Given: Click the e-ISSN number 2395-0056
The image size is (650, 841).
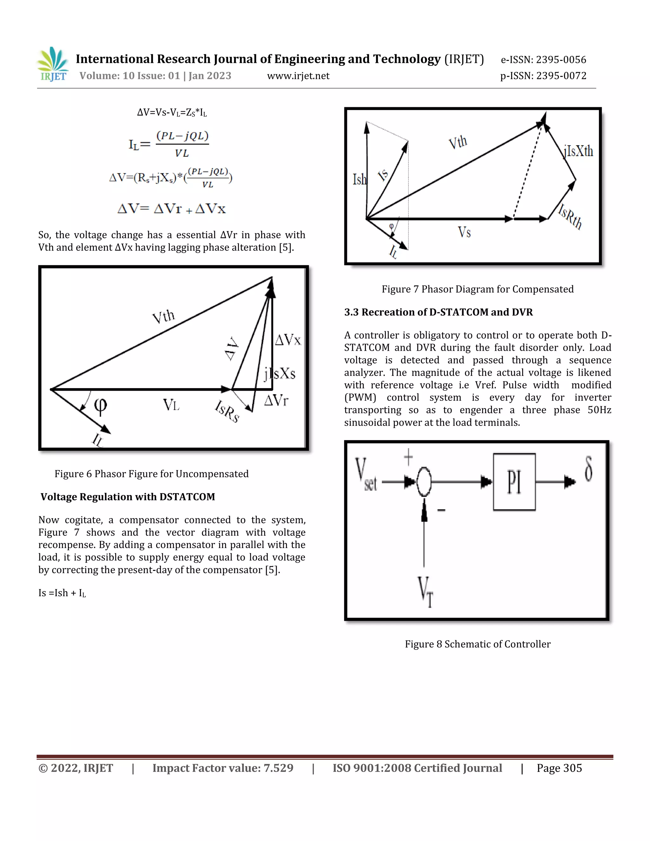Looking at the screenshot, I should [543, 60].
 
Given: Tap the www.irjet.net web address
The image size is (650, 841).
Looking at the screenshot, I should [298, 76].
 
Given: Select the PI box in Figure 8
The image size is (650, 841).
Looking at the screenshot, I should [514, 482].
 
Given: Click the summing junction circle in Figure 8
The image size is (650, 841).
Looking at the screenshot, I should [424, 481].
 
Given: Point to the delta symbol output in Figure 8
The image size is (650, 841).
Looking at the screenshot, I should [588, 469].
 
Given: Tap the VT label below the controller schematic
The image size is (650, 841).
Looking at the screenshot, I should [426, 592].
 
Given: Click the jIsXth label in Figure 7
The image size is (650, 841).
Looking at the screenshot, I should [578, 151].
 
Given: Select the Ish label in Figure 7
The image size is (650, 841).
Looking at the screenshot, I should [359, 179].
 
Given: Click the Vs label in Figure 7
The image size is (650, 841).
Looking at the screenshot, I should [464, 232].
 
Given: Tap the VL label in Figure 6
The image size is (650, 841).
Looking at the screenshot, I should [171, 405].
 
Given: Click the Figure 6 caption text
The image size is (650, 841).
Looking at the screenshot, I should [151, 473].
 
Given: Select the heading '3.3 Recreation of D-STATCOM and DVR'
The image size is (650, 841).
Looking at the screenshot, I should [438, 312].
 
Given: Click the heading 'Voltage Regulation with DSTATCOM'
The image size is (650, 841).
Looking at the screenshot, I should [128, 497].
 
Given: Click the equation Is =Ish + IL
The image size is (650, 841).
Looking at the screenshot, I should [62, 593].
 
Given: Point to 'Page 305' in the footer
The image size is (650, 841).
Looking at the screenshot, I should [559, 768].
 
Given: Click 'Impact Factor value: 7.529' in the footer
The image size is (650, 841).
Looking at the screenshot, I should [222, 768].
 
